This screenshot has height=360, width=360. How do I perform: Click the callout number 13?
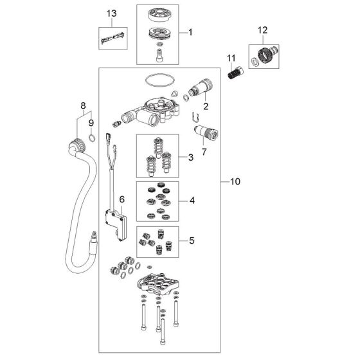coord(112,14)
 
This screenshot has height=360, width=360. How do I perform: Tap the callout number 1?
coord(190,32)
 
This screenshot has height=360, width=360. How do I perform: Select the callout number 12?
coord(263,30)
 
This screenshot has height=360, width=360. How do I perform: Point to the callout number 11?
coord(231,59)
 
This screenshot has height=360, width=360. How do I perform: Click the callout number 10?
coord(235,181)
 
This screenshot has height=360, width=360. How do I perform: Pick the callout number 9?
coord(91,123)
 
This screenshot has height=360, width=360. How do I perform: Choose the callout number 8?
coord(83,106)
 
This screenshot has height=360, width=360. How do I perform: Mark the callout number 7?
coord(204,152)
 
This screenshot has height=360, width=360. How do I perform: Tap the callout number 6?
coord(122,199)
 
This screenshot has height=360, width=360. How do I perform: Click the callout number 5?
coord(192,240)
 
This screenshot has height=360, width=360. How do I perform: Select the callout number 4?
coord(192,201)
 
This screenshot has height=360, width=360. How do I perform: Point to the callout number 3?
coord(191,157)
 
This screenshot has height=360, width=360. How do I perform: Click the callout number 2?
coord(206,106)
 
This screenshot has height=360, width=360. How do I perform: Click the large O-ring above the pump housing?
coord(160,75)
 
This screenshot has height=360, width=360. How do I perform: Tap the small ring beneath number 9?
coord(92,136)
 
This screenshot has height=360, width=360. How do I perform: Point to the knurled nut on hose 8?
coord(77,145)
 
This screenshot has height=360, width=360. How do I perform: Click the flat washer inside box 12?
coord(255,61)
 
